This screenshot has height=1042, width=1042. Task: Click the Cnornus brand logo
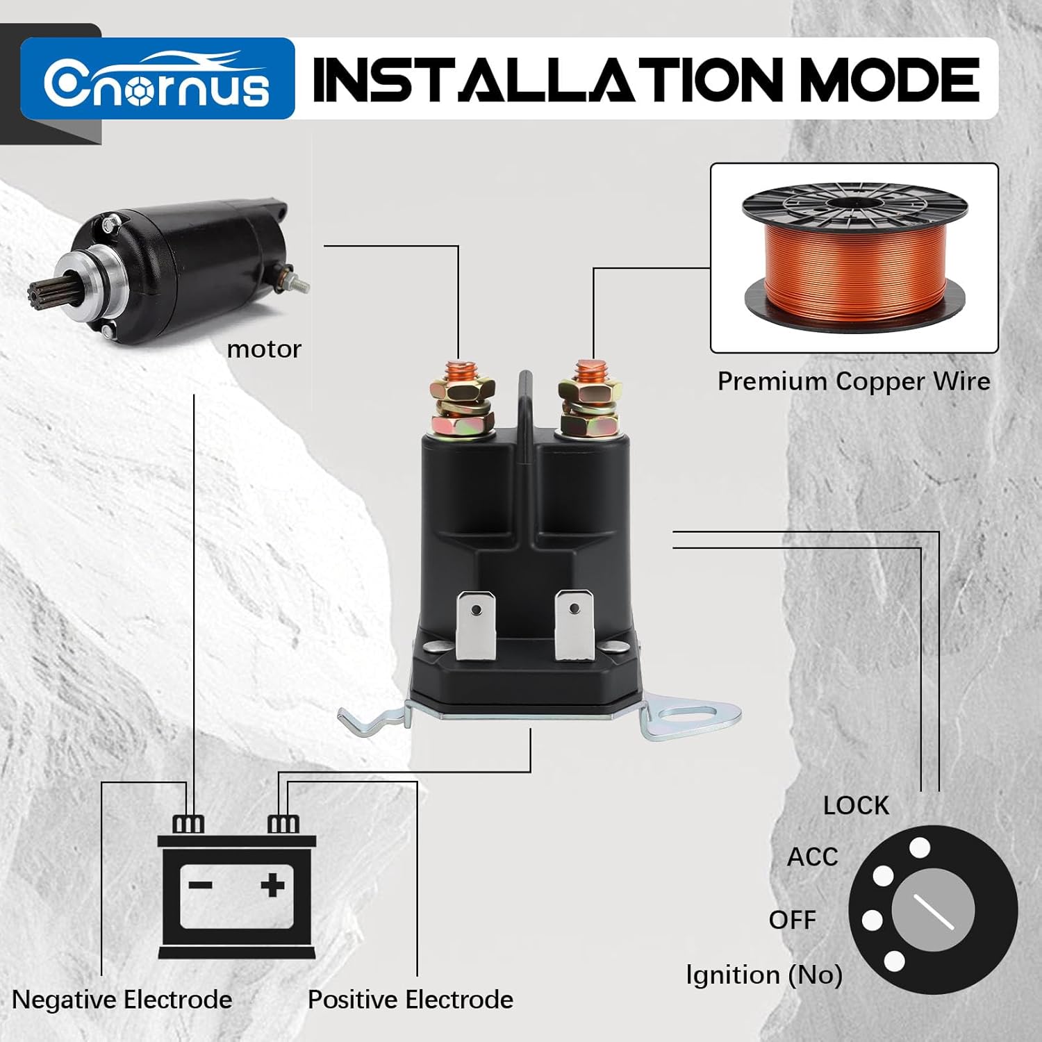click(158, 78)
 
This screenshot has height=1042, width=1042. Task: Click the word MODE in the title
click(891, 80)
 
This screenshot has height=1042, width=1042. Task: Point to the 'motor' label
click(264, 349)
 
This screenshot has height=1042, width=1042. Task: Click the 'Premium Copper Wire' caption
click(854, 381)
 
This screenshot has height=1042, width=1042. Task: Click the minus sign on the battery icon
click(200, 885)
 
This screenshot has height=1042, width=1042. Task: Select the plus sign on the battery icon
click(273, 885)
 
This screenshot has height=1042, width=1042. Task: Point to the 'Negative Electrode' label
click(122, 1000)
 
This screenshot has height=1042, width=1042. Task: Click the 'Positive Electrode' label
click(411, 1000)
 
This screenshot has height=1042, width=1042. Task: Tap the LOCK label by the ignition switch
click(856, 806)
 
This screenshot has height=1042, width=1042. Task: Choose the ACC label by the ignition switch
click(812, 857)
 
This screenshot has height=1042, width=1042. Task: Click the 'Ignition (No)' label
click(764, 975)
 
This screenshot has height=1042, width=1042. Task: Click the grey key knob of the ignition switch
click(933, 910)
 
